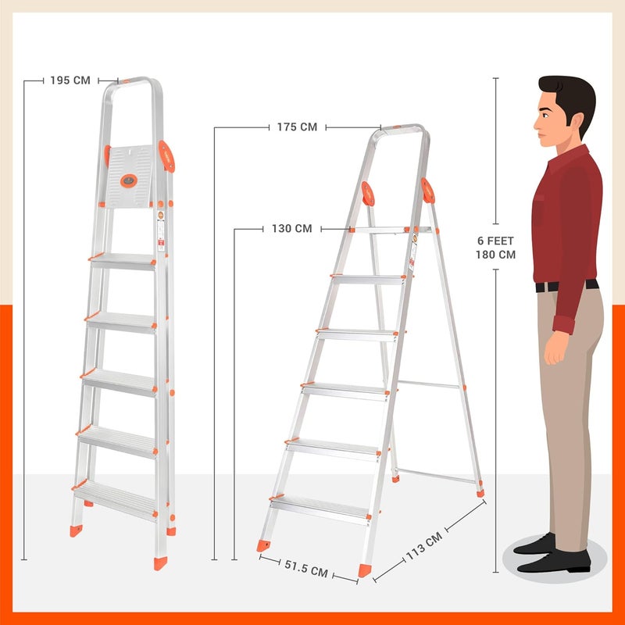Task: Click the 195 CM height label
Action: tap(70, 80)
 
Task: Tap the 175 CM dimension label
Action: tap(297, 127)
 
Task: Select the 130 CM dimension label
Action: tap(291, 229)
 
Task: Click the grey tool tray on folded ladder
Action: tap(129, 177)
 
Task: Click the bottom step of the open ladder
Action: tap(320, 505)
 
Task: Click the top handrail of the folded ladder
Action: tap(137, 80)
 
